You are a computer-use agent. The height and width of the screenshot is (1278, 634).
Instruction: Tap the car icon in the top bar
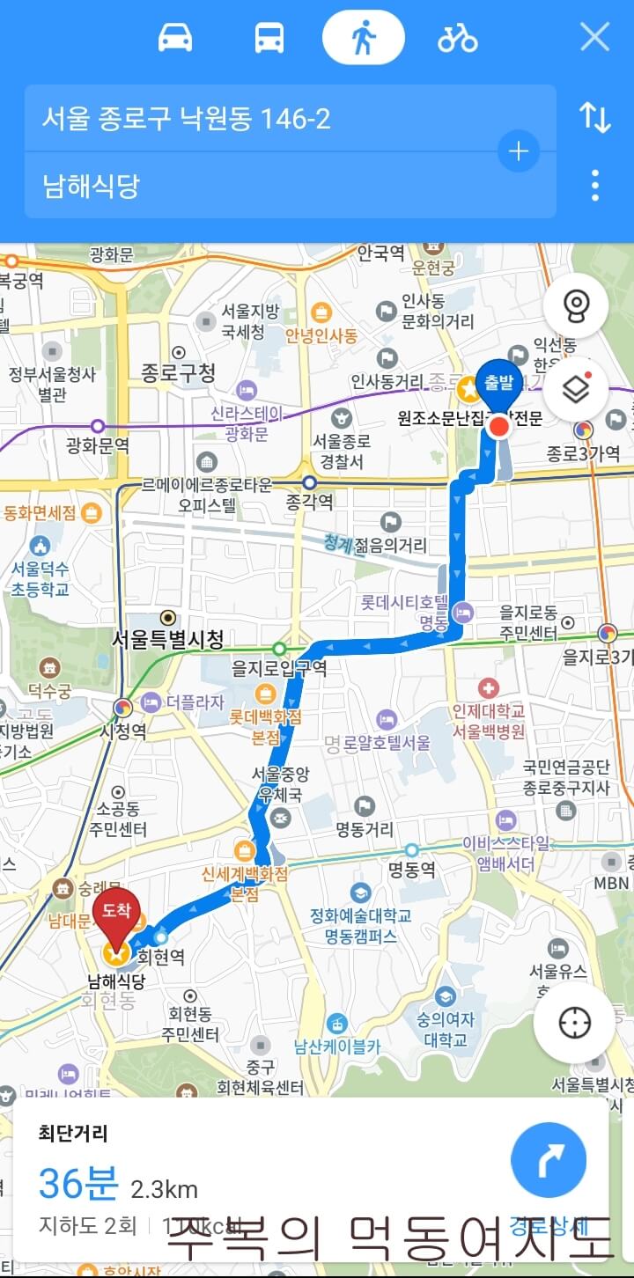tap(175, 38)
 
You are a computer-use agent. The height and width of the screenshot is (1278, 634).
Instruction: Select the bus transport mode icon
tap(269, 38)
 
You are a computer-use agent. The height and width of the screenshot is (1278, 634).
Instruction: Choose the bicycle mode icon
tap(457, 38)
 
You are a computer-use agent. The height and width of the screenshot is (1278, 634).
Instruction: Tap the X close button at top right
tap(595, 37)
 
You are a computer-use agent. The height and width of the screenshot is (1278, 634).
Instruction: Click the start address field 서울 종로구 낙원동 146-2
tap(264, 118)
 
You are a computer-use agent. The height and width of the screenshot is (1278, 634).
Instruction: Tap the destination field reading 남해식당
tap(264, 186)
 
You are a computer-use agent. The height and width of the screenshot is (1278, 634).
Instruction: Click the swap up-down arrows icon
tap(595, 117)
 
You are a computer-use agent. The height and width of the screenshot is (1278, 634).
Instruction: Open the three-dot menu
tap(595, 185)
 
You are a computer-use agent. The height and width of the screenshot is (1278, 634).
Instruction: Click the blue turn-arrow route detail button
tap(549, 1159)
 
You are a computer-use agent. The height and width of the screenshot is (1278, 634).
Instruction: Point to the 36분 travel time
tap(77, 1185)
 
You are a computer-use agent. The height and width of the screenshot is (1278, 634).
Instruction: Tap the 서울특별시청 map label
tap(167, 639)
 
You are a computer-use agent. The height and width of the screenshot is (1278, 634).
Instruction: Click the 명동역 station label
tap(412, 870)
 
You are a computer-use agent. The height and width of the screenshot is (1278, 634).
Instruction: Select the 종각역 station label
tap(309, 502)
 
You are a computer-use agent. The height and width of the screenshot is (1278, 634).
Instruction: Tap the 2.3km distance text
tap(165, 1189)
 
